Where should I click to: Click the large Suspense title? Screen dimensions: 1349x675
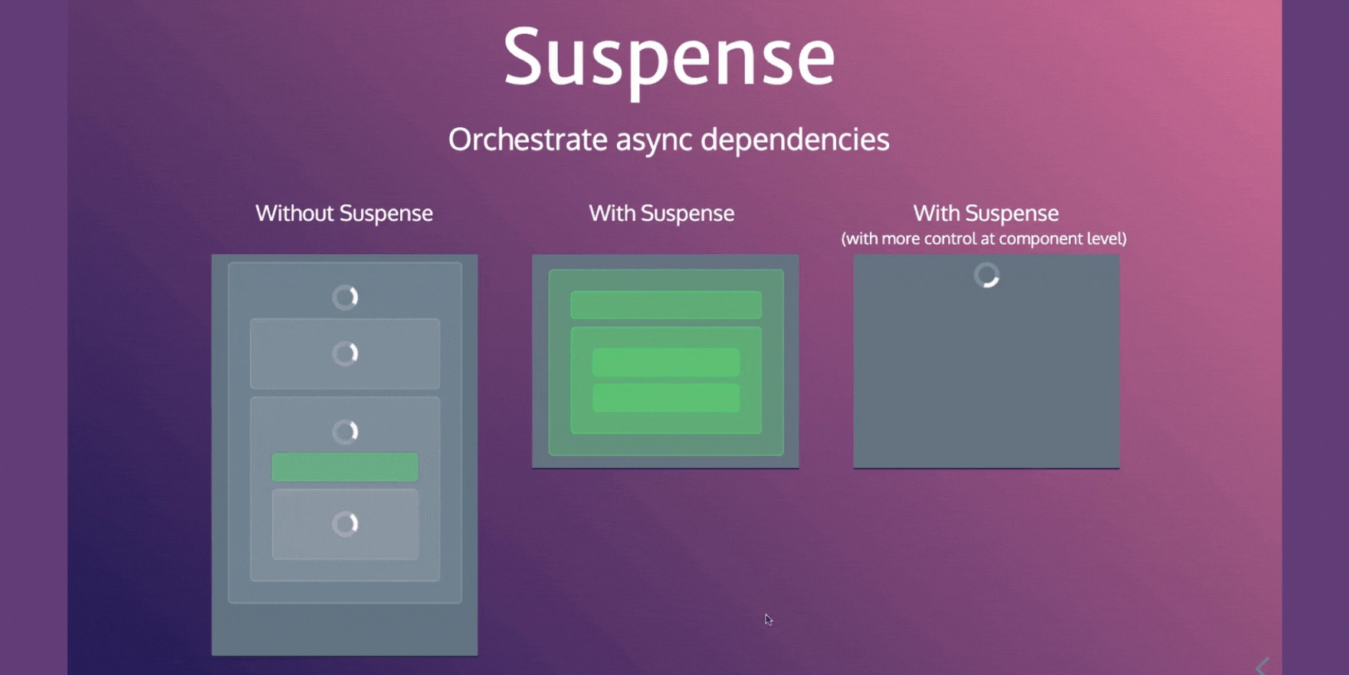[669, 59]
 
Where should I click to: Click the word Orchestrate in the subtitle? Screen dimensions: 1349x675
[528, 140]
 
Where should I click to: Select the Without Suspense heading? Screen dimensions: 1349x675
[344, 213]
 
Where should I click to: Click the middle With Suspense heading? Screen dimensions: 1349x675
[661, 213]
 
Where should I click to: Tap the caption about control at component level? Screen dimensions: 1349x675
[984, 239]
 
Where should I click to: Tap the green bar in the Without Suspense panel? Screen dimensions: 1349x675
[345, 467]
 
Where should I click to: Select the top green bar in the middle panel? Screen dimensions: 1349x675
[666, 305]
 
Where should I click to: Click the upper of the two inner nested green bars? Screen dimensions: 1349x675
[666, 362]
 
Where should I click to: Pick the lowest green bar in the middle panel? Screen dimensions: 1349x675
[666, 398]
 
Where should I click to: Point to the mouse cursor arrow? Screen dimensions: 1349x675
[768, 619]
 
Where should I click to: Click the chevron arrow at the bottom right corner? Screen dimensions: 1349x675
[1263, 667]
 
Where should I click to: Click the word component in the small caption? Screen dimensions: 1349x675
[1032, 239]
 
